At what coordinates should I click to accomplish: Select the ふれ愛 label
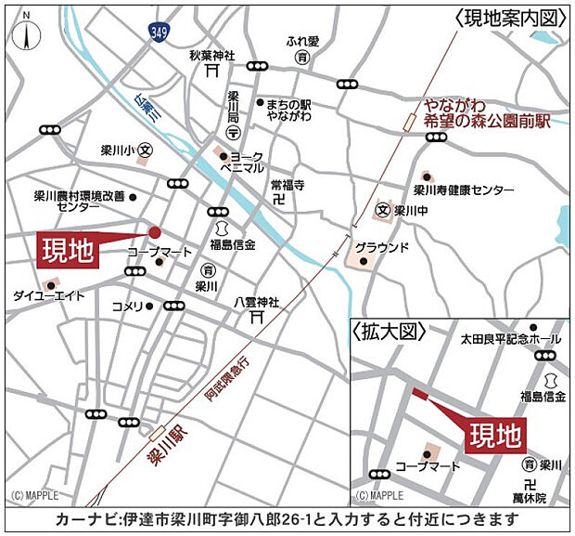coord(302,42)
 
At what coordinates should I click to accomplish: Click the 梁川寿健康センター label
coord(463,190)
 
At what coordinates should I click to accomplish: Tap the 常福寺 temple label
coord(287,186)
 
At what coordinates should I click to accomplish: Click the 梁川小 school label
coord(121,149)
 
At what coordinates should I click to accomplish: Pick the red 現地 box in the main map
coord(68,252)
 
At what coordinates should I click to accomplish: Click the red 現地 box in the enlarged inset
coord(493,434)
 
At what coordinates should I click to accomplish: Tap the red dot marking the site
coord(155,232)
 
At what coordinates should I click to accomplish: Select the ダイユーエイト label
coord(47,296)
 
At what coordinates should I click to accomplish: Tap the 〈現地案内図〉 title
coord(510,18)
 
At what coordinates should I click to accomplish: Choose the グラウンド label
coord(381,247)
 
